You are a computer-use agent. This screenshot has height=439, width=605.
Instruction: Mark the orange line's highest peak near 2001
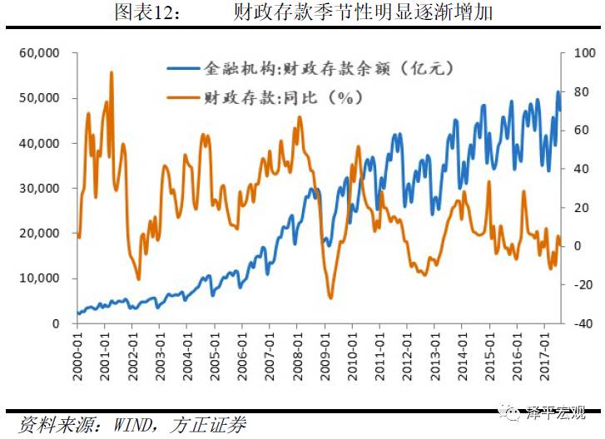tap(112, 72)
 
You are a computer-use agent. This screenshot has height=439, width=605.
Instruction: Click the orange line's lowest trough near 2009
tap(330, 298)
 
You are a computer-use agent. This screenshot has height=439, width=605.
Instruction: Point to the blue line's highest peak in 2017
tap(558, 92)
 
